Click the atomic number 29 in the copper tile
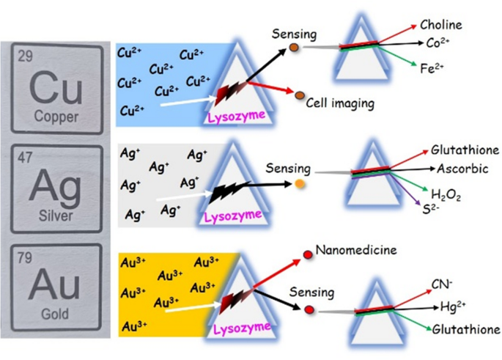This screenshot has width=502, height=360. pyautogui.click(x=26, y=56)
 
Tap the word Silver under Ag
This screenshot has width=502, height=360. pyautogui.click(x=56, y=216)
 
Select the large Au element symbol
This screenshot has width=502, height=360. pyautogui.click(x=54, y=284)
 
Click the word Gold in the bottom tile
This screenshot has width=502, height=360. pyautogui.click(x=55, y=314)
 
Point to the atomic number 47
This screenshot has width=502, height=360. pyautogui.click(x=25, y=158)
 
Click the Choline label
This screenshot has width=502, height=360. pyautogui.click(x=441, y=25)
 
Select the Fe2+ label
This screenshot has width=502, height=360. pyautogui.click(x=432, y=68)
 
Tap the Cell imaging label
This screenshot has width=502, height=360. pyautogui.click(x=340, y=103)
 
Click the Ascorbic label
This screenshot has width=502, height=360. pyautogui.click(x=462, y=169)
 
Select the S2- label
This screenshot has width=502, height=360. pyautogui.click(x=430, y=209)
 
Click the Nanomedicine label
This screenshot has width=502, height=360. pyautogui.click(x=356, y=250)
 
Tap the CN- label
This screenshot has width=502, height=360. pyautogui.click(x=441, y=284)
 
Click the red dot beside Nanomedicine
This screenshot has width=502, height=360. pyautogui.click(x=308, y=254)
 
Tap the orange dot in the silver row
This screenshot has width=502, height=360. pyautogui.click(x=300, y=184)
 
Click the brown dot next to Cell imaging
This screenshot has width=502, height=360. pyautogui.click(x=300, y=95)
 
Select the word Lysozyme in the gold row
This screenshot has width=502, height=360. pyautogui.click(x=242, y=328)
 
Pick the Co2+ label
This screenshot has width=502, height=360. pyautogui.click(x=438, y=43)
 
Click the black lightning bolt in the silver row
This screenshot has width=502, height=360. pyautogui.click(x=229, y=191)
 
